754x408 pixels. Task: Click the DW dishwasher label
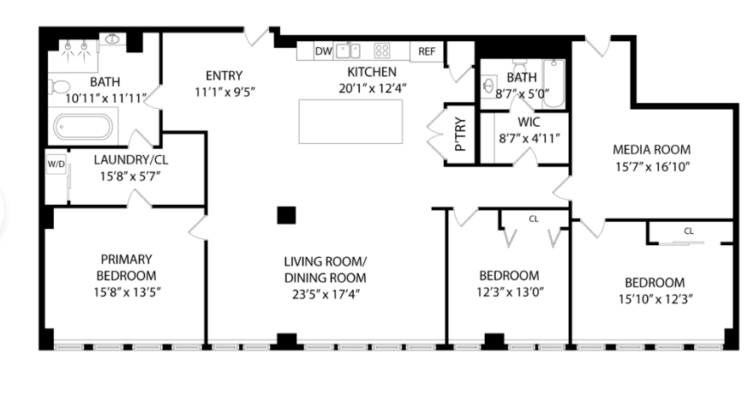pyautogui.click(x=323, y=51)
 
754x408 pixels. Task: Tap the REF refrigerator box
pyautogui.click(x=427, y=51)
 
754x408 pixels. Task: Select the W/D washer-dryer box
pyautogui.click(x=57, y=164)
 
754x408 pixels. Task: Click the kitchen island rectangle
pyautogui.click(x=350, y=121)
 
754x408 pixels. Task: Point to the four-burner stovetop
pyautogui.click(x=382, y=50)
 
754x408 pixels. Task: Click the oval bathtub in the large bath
pyautogui.click(x=83, y=127)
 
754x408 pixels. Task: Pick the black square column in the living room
pyautogui.click(x=286, y=215)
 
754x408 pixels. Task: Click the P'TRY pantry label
pyautogui.click(x=460, y=135)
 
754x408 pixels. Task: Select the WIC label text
pyautogui.click(x=529, y=123)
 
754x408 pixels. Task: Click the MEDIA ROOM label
pyautogui.click(x=651, y=150)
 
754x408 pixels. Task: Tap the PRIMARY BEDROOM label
pyautogui.click(x=126, y=267)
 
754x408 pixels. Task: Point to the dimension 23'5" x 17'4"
pyautogui.click(x=326, y=294)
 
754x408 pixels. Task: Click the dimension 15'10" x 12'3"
pyautogui.click(x=655, y=299)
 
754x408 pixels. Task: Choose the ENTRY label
pyautogui.click(x=224, y=75)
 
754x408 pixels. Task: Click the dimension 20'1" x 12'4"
pyautogui.click(x=372, y=88)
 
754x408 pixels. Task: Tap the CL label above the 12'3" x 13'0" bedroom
pyautogui.click(x=534, y=219)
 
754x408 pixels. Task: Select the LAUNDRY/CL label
pyautogui.click(x=131, y=159)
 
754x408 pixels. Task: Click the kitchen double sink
pyautogui.click(x=348, y=50)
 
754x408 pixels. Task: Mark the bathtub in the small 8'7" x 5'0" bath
pyautogui.click(x=554, y=83)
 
